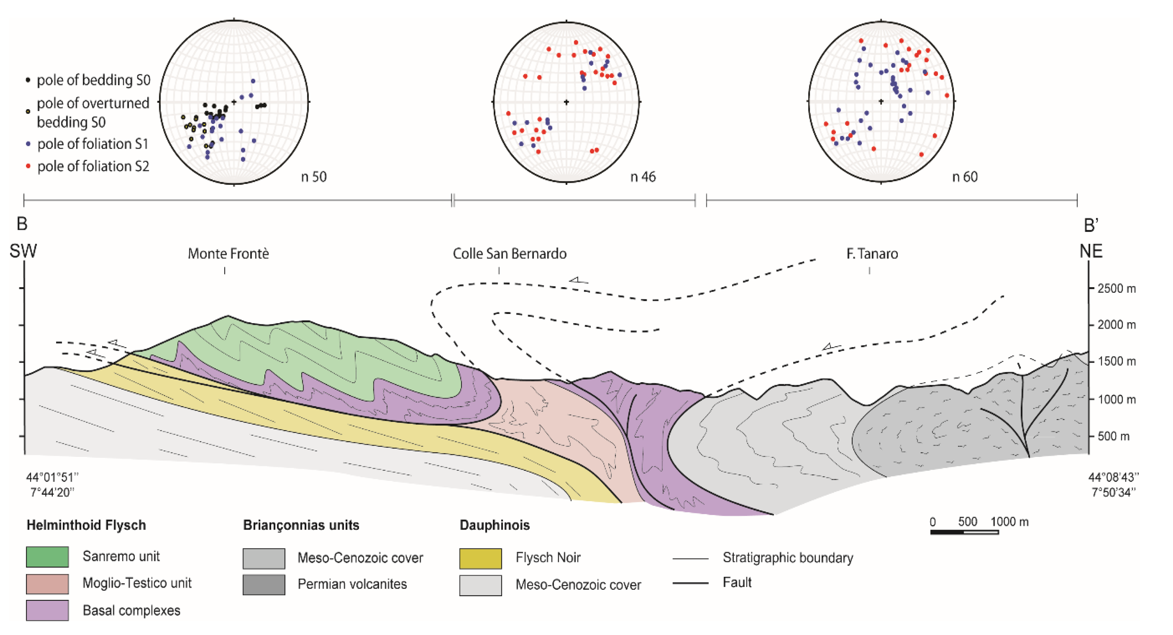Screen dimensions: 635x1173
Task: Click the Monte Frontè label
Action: click(x=228, y=253)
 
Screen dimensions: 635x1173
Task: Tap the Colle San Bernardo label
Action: click(x=509, y=253)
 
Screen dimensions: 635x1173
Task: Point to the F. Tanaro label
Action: click(x=872, y=253)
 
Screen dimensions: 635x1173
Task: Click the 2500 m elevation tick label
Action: click(x=1116, y=289)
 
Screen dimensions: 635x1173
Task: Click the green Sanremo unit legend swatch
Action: click(x=47, y=557)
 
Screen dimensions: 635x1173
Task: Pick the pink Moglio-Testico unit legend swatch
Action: click(x=47, y=584)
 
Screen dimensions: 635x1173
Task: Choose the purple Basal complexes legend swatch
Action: click(x=47, y=610)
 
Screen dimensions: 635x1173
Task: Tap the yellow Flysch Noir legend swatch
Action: click(x=480, y=558)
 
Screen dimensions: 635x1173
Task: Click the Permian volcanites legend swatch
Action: click(x=264, y=584)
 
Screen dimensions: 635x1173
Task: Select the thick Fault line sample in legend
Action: click(x=690, y=583)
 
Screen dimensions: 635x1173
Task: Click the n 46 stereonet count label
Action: click(x=642, y=177)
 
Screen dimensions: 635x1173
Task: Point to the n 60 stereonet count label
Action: click(x=964, y=177)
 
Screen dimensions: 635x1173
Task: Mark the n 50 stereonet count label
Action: click(x=314, y=177)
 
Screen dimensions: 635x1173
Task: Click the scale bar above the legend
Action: click(x=964, y=532)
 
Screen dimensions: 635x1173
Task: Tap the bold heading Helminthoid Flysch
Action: click(x=86, y=525)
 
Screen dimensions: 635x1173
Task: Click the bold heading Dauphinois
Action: click(x=494, y=525)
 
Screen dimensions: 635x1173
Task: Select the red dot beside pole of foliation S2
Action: click(x=28, y=166)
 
